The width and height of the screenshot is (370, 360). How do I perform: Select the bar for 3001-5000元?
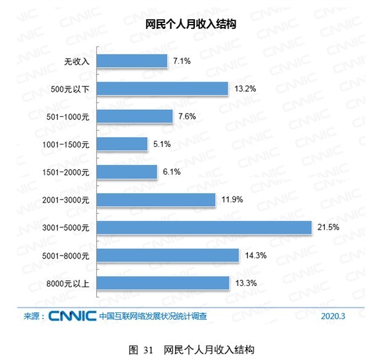pos(203,228)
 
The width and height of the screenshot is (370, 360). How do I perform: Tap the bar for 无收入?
pos(131,61)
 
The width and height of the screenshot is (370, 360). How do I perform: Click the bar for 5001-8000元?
pos(167,255)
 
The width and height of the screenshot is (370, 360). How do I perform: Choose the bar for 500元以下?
pos(162,88)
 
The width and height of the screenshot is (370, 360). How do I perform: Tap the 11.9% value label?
pos(231,200)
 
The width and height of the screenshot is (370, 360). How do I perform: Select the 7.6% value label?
pos(187,117)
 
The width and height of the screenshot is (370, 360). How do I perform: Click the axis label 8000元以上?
pos(69,283)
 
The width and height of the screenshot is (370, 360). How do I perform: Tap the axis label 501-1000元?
pos(69,117)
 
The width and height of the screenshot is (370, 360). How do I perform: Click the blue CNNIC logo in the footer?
pos(72,316)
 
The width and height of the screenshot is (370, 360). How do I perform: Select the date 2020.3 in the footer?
pos(334,317)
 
